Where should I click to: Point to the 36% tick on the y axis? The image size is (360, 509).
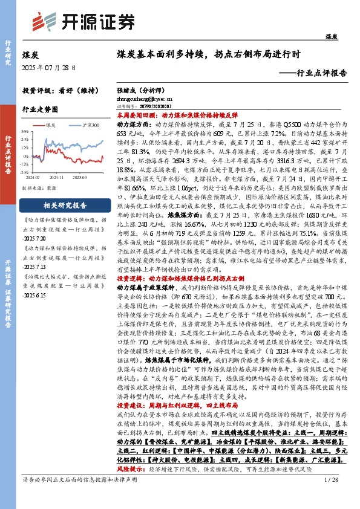pos(25,131)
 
